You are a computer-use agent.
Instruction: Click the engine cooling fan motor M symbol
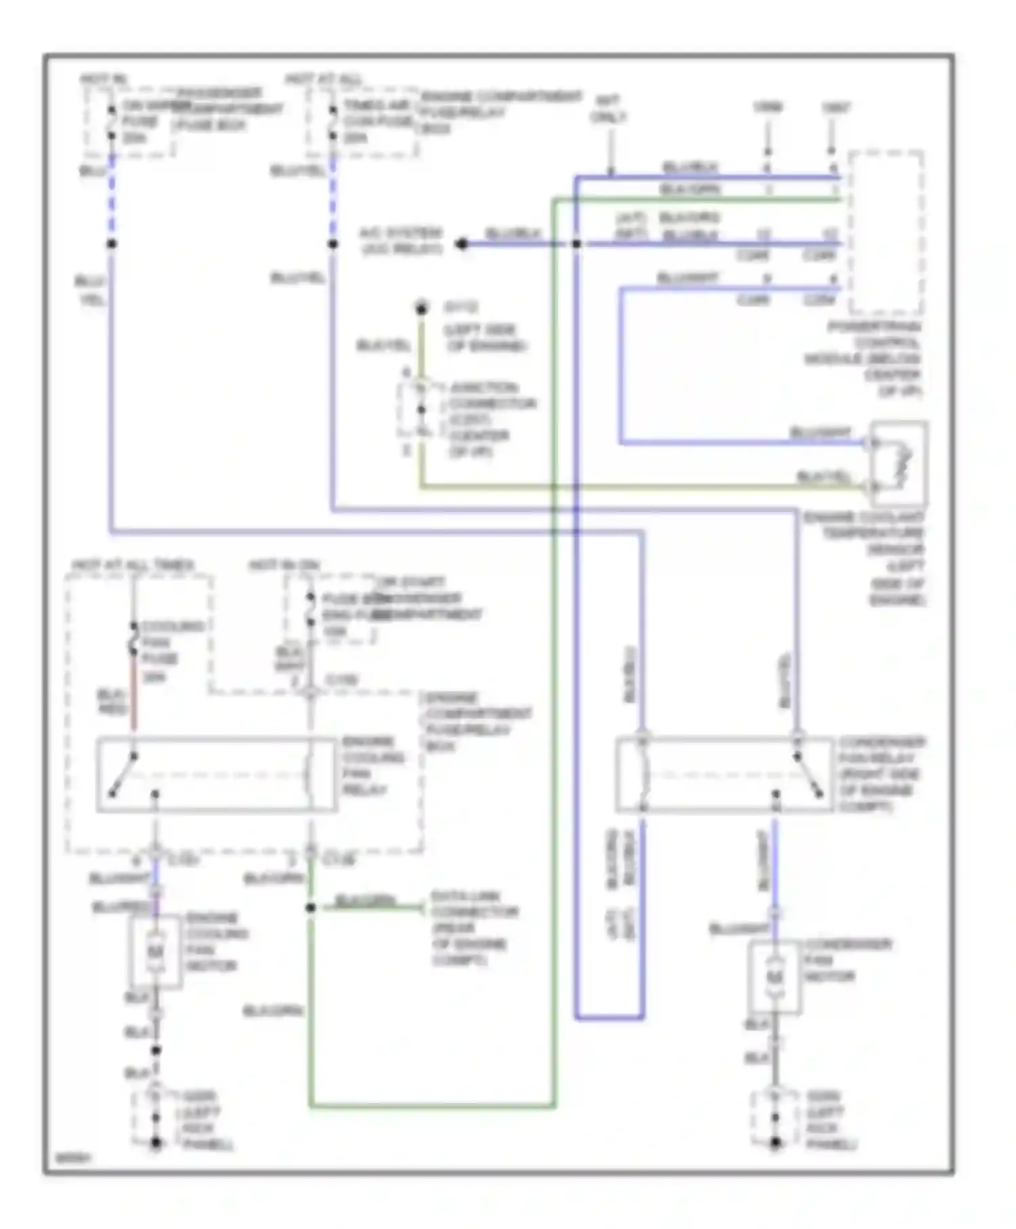155,952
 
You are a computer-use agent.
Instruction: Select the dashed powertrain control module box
885,232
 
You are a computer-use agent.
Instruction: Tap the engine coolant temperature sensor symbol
899,464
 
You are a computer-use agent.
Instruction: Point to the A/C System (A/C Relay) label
401,241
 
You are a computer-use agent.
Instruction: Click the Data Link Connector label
474,928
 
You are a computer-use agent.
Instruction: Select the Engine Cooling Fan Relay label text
373,766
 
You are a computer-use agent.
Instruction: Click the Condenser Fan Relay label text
881,774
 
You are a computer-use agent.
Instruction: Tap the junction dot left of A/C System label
462,244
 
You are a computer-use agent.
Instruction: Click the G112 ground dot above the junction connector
421,310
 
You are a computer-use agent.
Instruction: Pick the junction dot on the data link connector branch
310,908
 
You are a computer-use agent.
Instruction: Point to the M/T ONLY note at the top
608,108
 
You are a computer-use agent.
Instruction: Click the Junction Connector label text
491,419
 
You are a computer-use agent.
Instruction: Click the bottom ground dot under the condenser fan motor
775,1143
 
